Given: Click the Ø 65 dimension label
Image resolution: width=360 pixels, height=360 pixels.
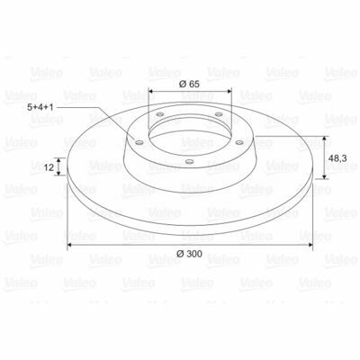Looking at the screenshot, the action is tap(189, 84).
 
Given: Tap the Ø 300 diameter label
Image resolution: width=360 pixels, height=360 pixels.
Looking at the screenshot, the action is tap(189, 254).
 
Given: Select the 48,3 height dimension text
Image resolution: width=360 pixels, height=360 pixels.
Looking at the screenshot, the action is tap(337, 158).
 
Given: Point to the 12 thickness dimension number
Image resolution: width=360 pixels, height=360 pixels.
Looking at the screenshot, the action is tap(49, 167).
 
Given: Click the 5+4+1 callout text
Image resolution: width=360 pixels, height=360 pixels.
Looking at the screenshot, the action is tap(40, 107).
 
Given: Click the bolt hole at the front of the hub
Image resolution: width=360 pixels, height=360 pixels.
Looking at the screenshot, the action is tap(189, 162).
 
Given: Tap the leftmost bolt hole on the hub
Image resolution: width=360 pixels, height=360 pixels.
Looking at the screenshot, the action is tap(139, 142).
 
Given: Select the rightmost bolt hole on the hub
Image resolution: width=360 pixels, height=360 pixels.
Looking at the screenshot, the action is tap(239, 142).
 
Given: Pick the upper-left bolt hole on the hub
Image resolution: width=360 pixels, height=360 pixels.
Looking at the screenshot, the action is tap(160, 114).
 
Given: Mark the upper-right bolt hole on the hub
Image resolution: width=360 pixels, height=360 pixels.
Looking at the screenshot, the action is tap(220, 114).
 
